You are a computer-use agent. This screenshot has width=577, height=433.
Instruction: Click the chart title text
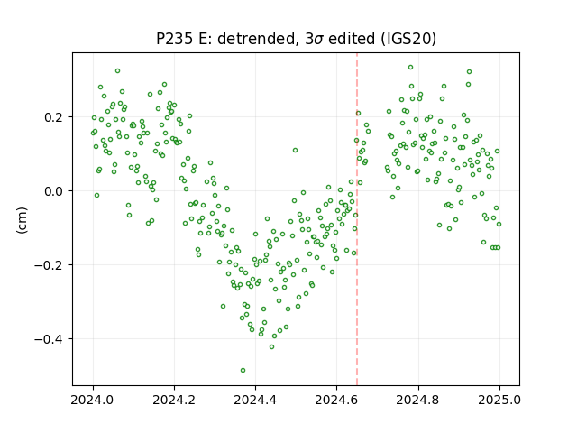(x=296, y=38)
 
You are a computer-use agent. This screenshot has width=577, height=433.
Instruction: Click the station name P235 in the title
(x=174, y=38)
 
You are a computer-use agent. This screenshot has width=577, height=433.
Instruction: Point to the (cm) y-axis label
(x=22, y=220)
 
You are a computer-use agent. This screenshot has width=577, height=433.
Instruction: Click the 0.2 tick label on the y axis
(x=55, y=117)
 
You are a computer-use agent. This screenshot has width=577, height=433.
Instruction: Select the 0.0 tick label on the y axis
(x=55, y=191)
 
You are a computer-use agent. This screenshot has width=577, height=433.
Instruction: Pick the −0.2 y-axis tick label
(x=50, y=265)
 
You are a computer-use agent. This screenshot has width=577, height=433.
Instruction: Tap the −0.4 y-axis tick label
(x=50, y=339)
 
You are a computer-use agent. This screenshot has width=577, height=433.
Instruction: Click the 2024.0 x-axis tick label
(x=93, y=400)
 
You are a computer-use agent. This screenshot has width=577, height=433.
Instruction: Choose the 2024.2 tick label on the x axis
(x=174, y=400)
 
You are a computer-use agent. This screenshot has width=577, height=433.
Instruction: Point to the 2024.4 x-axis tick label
(x=255, y=400)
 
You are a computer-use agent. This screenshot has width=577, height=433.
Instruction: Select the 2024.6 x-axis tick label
(x=336, y=400)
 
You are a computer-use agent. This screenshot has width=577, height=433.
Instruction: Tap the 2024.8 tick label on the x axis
(x=417, y=400)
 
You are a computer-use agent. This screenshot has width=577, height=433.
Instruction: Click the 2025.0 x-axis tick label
(x=499, y=400)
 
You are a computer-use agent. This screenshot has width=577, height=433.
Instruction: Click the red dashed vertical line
(x=357, y=219)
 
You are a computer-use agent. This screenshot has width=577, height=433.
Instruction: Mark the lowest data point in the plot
(x=243, y=371)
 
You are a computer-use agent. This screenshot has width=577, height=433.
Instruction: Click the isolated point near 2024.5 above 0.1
(x=295, y=151)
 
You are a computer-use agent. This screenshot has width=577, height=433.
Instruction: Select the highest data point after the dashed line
(x=411, y=68)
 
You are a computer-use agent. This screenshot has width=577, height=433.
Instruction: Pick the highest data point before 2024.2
(x=118, y=71)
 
